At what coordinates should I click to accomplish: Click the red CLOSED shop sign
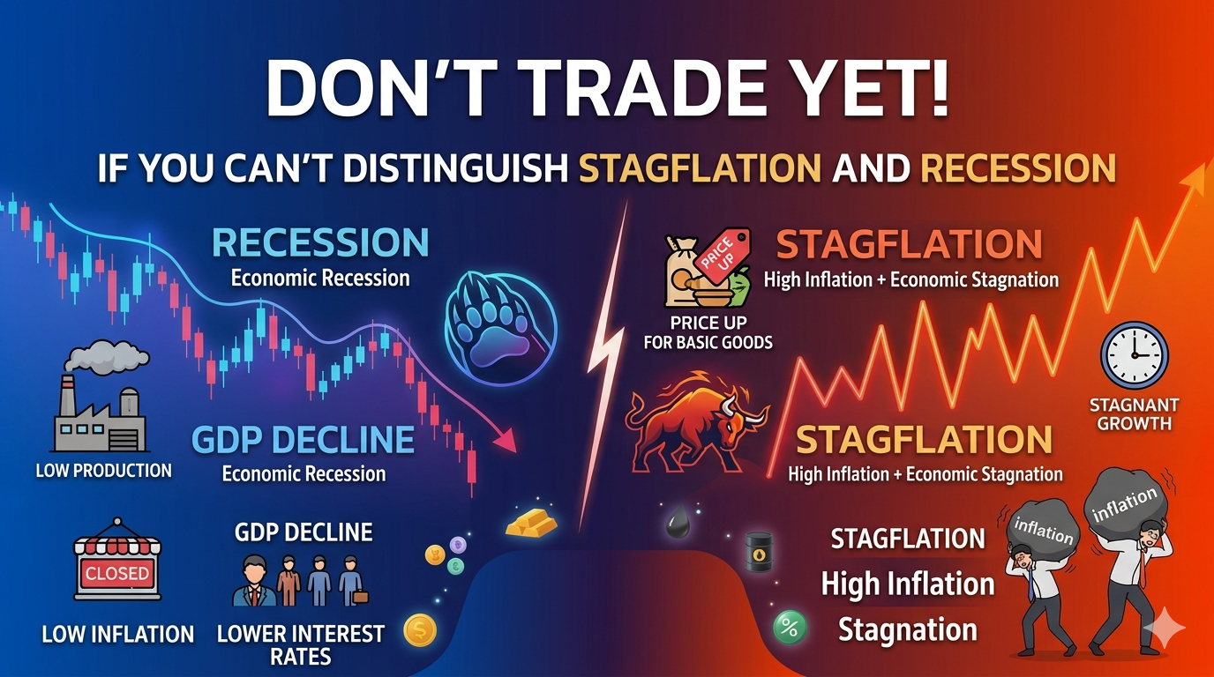point(116,572)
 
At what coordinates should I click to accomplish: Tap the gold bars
point(531,523)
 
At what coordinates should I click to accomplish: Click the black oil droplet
point(678,526)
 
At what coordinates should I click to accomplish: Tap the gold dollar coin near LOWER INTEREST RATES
point(419,631)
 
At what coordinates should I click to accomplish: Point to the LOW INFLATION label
point(117,634)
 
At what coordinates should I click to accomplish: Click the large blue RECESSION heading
point(321,242)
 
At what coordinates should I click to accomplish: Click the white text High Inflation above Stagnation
point(908,584)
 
